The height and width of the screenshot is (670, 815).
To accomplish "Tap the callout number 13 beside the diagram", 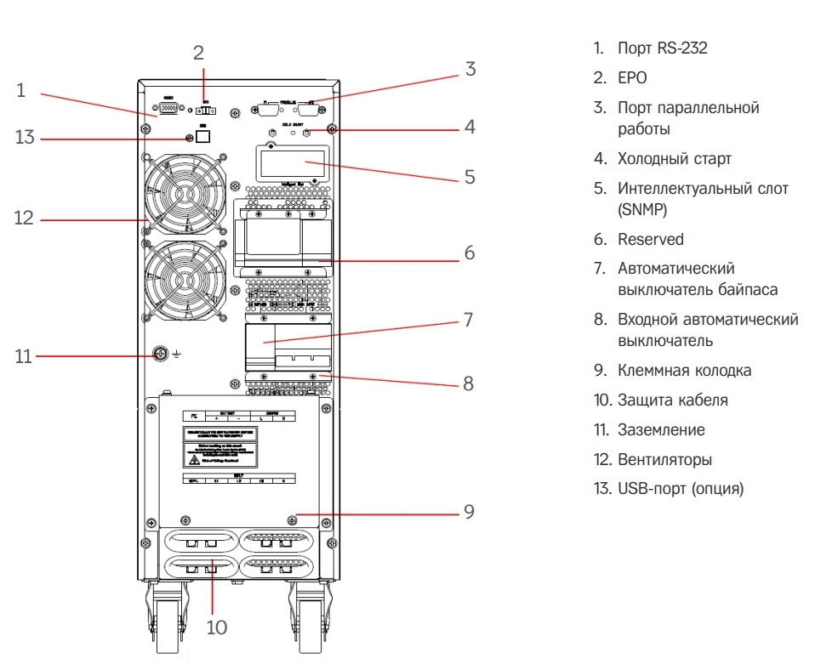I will (25, 137).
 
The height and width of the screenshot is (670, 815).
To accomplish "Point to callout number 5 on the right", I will (469, 178).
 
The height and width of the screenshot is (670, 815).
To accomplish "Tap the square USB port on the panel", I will (202, 136).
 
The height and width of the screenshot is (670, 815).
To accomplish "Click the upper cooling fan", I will (185, 193).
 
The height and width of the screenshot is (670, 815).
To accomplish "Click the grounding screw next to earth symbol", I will (159, 354).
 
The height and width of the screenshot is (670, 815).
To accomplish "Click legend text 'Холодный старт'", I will (674, 158).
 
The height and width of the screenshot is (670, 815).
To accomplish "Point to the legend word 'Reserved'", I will (650, 240).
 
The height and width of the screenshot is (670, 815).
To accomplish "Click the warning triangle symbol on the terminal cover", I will (194, 459).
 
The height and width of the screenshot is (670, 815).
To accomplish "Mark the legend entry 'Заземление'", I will (661, 429).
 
